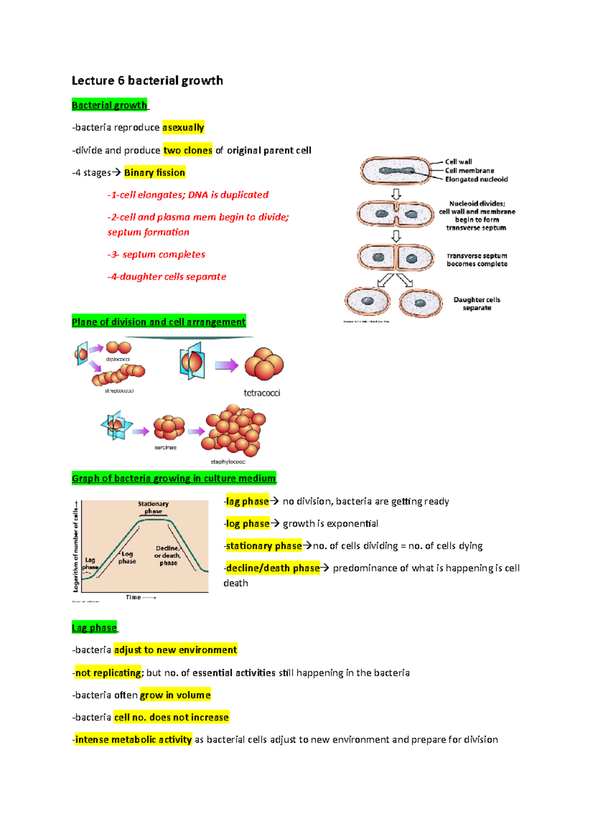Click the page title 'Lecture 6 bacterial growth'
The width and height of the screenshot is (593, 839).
(x=147, y=81)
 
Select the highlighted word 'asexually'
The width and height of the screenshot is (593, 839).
(x=183, y=127)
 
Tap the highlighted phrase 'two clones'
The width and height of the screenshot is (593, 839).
(x=188, y=150)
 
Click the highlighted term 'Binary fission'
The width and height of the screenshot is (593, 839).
(x=155, y=172)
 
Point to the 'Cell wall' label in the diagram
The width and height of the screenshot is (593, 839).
(x=458, y=162)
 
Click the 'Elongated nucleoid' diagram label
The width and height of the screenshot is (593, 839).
(x=476, y=179)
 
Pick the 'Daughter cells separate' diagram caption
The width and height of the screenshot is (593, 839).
(x=477, y=303)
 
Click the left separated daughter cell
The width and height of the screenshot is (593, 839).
(x=367, y=301)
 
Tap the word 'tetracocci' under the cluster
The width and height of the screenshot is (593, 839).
(x=262, y=393)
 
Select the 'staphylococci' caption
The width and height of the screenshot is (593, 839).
(x=228, y=461)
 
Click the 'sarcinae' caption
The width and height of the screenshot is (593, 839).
(x=165, y=447)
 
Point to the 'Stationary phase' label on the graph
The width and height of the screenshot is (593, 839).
(x=153, y=507)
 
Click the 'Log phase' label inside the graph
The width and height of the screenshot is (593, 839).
(x=127, y=557)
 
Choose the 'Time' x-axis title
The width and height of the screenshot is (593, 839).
(x=133, y=597)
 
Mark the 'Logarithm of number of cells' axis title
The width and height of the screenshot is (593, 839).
(x=76, y=546)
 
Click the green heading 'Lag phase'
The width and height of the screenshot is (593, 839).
(x=94, y=628)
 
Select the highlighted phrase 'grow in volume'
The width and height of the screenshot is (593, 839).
(x=175, y=695)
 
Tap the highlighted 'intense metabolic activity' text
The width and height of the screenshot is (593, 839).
(x=133, y=740)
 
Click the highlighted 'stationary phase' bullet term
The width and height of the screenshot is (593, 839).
(x=264, y=545)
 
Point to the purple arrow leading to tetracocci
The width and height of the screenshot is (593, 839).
(x=226, y=366)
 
